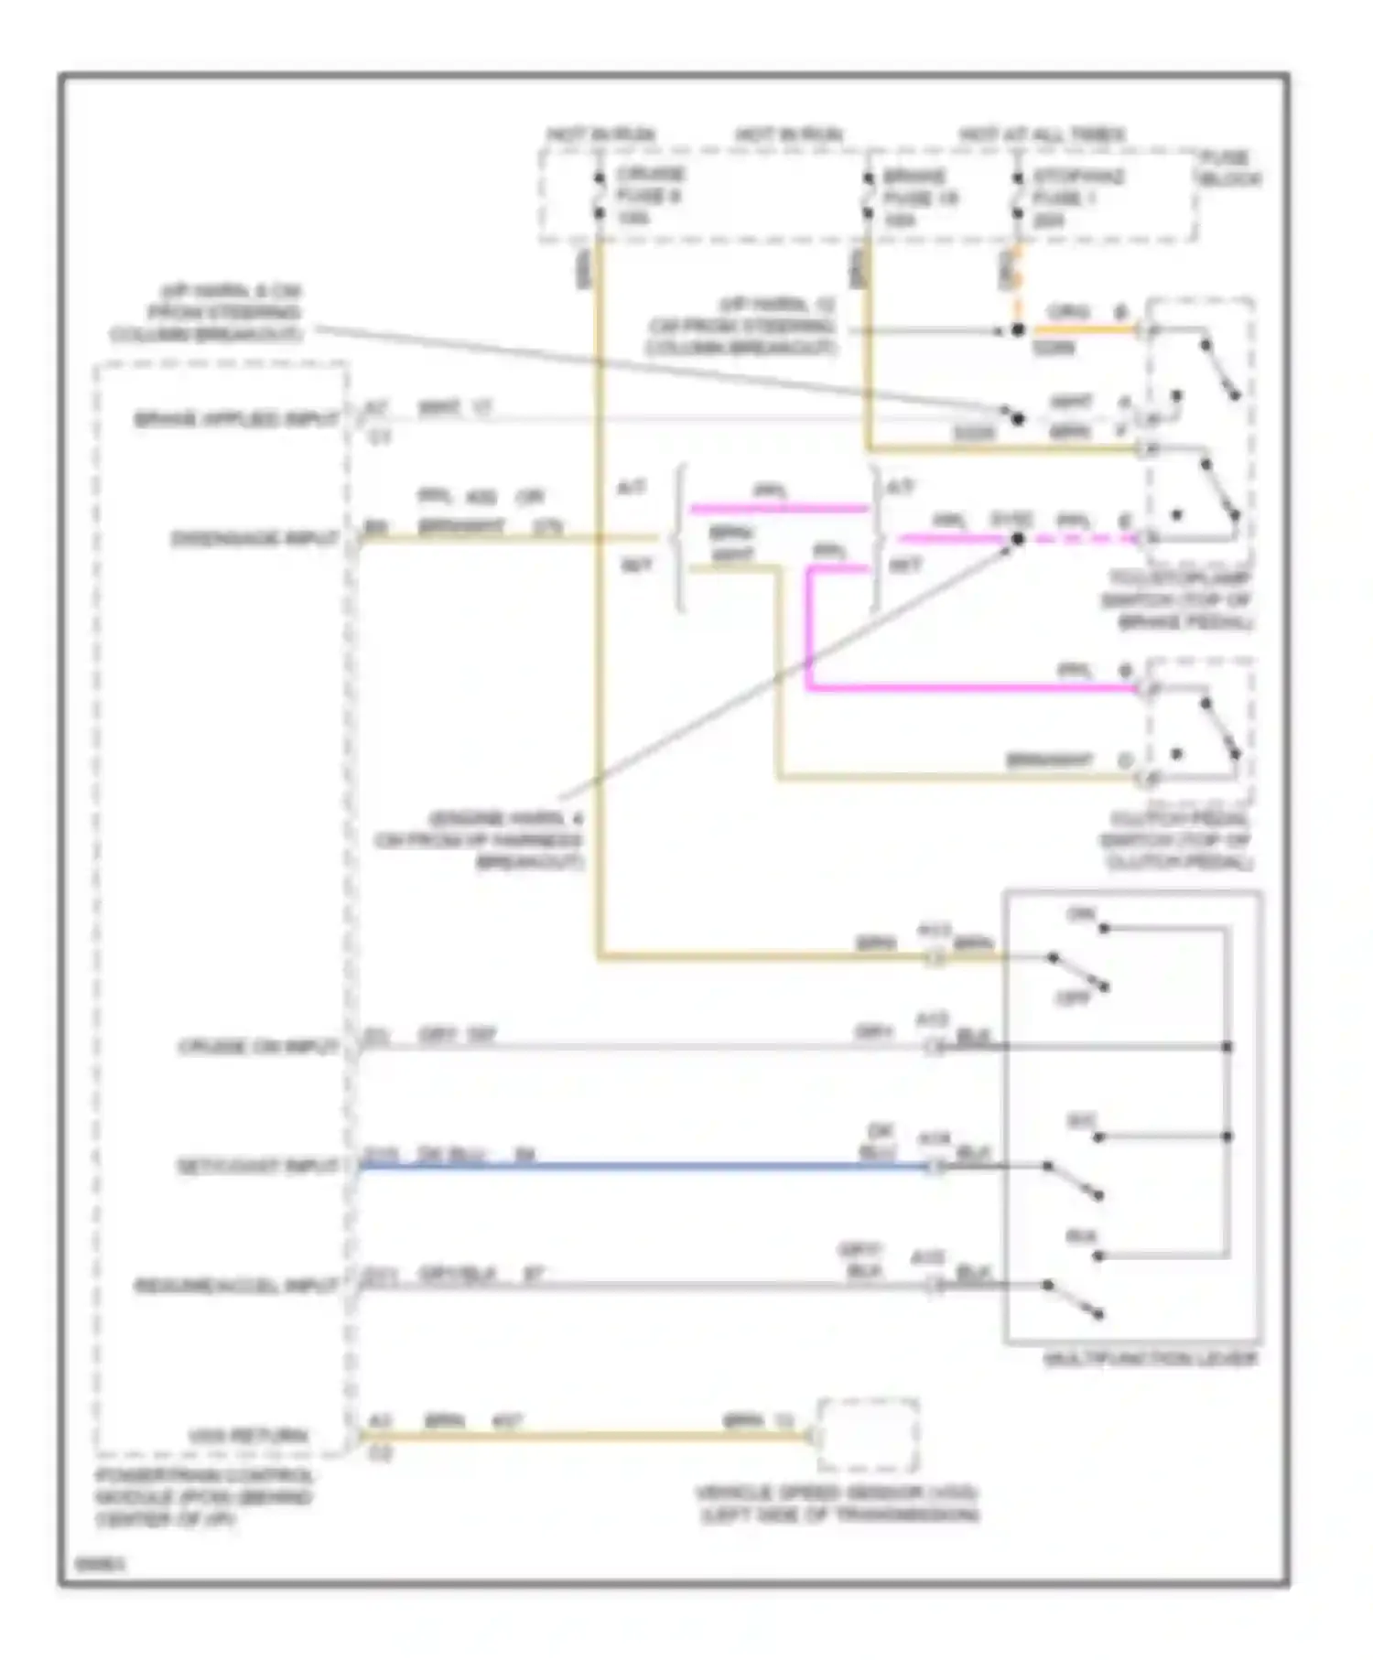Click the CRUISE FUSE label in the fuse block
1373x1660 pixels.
[649, 195]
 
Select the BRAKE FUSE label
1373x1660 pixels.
[918, 198]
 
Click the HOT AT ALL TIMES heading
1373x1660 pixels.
[1043, 135]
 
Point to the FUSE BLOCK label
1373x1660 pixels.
[1228, 169]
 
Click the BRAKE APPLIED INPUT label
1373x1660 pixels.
[236, 420]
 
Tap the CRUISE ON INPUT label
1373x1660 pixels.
[258, 1046]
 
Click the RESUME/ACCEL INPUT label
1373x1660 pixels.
[236, 1286]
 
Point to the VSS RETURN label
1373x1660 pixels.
[248, 1436]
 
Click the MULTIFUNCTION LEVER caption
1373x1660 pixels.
[1151, 1359]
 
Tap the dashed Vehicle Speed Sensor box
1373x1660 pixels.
[868, 1435]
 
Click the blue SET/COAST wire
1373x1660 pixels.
[641, 1167]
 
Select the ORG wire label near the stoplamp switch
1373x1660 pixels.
[1068, 312]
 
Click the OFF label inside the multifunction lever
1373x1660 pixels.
[1074, 997]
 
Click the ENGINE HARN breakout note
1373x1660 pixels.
[479, 840]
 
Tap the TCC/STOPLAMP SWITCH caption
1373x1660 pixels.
[1178, 600]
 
